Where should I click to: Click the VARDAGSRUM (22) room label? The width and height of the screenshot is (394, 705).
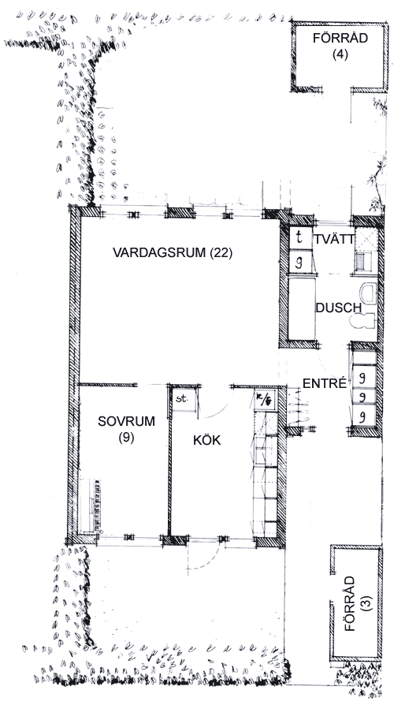click(173, 252)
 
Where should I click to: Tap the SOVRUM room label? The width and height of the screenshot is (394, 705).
click(126, 421)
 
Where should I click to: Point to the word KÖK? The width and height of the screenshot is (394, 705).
click(207, 440)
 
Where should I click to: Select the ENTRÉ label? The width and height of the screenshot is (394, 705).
click(325, 383)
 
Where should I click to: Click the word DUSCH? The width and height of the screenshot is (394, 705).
click(338, 308)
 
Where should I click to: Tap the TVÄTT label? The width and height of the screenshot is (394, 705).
click(335, 239)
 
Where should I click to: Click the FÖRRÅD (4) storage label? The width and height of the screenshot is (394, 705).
click(340, 46)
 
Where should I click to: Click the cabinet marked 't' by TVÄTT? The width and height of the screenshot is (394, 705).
click(300, 238)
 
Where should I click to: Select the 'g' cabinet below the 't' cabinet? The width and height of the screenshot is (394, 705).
click(300, 262)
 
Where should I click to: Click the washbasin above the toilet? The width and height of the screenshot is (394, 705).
click(367, 293)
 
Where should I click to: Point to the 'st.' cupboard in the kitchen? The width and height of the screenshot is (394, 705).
click(184, 399)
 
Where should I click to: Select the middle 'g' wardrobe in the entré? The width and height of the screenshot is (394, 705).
click(364, 397)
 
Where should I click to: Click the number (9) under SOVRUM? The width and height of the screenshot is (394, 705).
click(126, 438)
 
